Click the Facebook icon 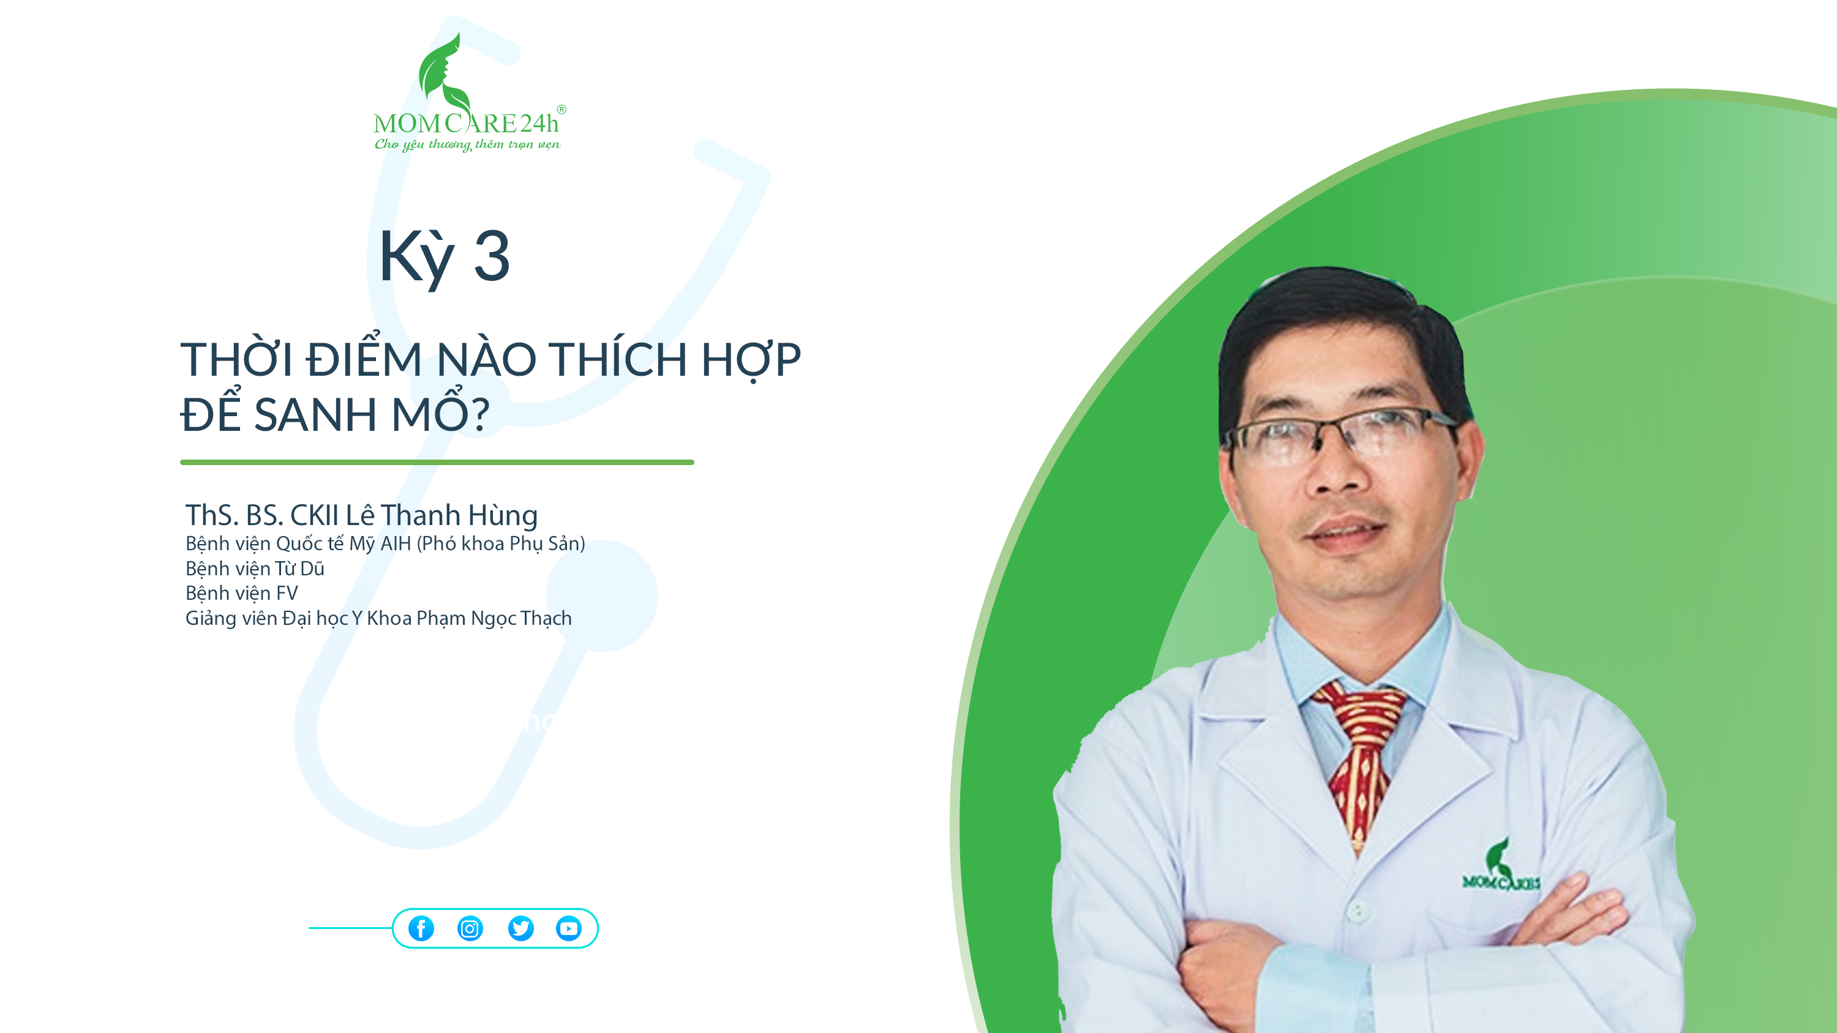421,928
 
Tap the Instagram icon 470,928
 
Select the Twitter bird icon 520,928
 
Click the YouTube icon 568,928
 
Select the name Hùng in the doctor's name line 502,515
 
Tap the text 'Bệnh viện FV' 242,593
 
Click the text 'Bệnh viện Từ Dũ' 255,568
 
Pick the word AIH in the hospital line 396,543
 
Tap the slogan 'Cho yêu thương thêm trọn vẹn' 468,144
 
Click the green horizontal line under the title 437,462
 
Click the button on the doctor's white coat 1359,909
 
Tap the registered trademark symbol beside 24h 562,110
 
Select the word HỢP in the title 751,360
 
